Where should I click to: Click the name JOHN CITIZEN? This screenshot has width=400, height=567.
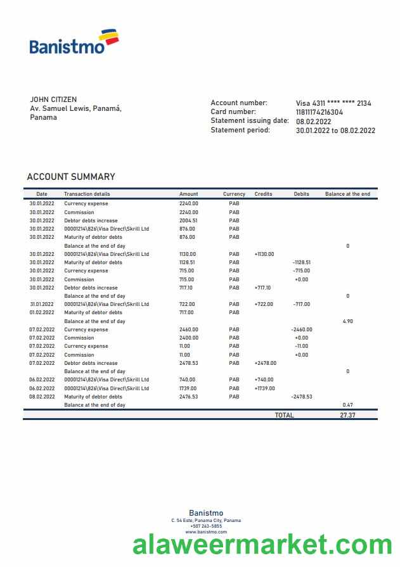[53, 99]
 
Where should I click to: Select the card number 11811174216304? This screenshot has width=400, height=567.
[319, 112]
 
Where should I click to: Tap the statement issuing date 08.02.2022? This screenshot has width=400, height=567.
[314, 121]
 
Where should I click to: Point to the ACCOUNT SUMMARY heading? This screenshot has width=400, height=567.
[71, 177]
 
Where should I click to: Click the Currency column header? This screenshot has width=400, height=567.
[234, 194]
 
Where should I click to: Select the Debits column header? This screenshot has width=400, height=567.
[302, 194]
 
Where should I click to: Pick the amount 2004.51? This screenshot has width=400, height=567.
[188, 220]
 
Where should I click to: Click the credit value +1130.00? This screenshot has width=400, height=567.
[264, 254]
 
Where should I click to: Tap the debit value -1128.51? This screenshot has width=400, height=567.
[302, 262]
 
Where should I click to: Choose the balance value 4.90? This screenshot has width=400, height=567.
[347, 321]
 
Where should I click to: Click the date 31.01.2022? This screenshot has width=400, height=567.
[42, 304]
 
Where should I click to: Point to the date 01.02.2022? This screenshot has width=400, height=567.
[42, 312]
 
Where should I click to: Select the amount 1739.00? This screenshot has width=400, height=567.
[188, 388]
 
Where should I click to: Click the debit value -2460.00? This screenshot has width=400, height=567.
[302, 329]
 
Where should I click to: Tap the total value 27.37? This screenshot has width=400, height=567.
[347, 415]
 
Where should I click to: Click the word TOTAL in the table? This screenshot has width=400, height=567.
[284, 415]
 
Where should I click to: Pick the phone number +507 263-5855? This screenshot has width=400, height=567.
[206, 526]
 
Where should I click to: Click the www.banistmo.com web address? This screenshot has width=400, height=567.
[206, 532]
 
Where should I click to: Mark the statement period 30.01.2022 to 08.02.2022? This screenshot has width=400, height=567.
[335, 131]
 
